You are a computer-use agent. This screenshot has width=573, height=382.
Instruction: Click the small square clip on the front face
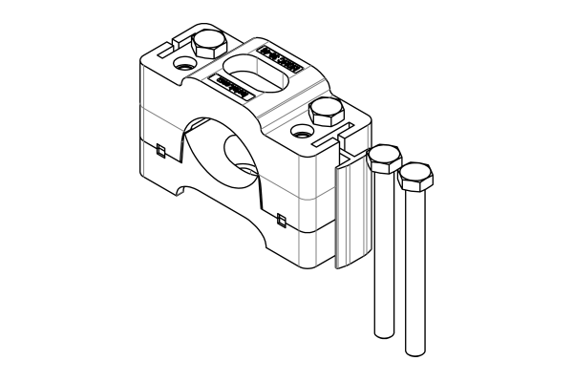(280, 221)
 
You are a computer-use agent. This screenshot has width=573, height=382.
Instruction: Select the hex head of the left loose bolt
(384, 158)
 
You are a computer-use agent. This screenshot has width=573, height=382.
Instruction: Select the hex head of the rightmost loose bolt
(415, 176)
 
